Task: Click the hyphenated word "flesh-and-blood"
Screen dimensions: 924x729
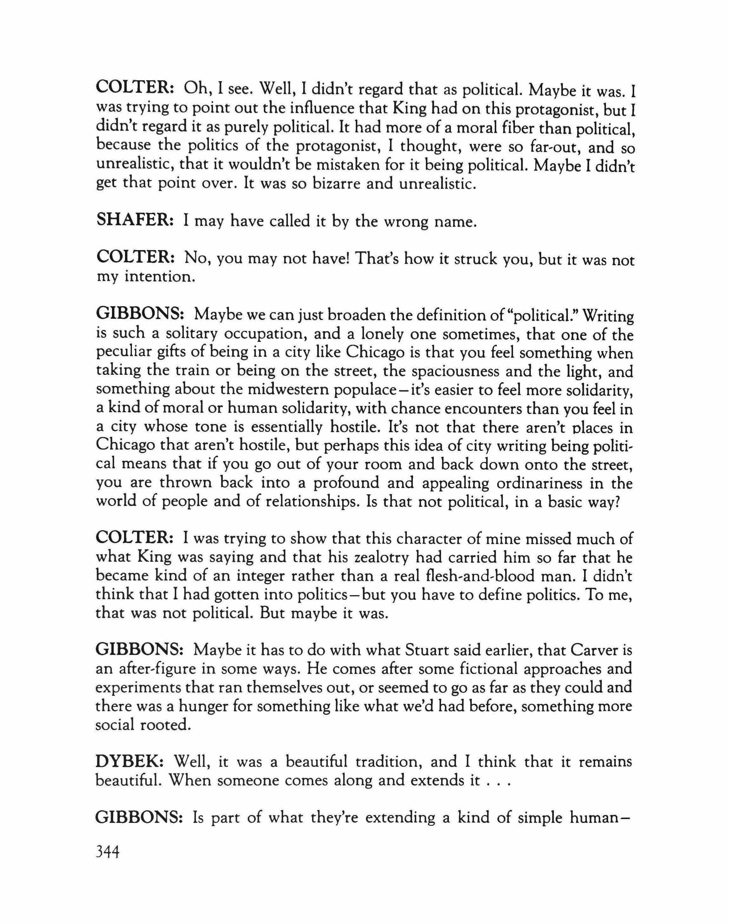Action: pyautogui.click(x=505, y=576)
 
